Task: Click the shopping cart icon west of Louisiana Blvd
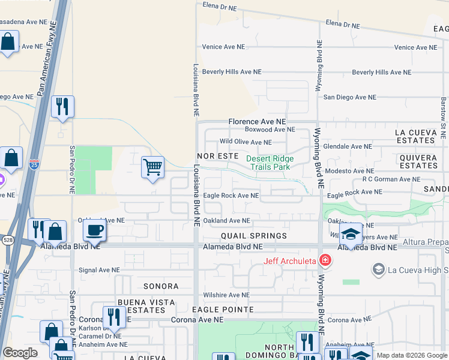153,167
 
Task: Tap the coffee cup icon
94,230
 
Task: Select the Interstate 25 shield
34,163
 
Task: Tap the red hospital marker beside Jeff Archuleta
325,260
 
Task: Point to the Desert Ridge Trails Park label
270,163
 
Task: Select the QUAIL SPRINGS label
253,236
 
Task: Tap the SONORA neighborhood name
161,286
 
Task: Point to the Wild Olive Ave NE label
246,142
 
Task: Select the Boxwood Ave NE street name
270,130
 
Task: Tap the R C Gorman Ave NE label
395,179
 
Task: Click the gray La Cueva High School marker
379,269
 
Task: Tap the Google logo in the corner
20,353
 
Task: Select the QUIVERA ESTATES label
418,161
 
